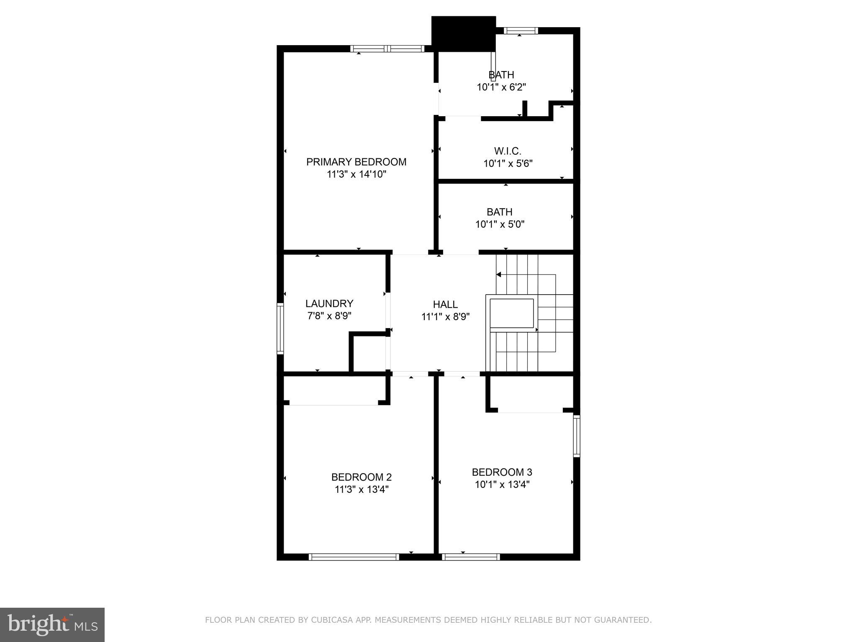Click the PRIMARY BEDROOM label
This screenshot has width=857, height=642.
pos(356,162)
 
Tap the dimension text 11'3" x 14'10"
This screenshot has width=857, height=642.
pos(356,174)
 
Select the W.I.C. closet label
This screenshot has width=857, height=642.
pos(507,151)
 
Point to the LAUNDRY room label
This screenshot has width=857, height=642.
pos(329,303)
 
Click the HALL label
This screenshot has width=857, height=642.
pos(445,304)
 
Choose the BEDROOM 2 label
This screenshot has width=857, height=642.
pos(361,477)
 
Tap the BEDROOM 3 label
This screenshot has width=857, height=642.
pos(502,472)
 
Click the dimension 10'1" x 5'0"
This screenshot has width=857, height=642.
pos(500,224)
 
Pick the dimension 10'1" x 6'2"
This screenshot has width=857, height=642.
pos(501,87)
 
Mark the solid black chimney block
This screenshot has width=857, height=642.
pos(463,34)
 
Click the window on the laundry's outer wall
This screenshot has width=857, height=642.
pos(280,329)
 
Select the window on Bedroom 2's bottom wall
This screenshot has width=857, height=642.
pos(354,557)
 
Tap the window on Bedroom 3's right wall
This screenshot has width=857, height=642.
pos(576,436)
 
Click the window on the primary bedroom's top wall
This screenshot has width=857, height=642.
pos(387,49)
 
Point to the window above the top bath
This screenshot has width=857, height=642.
pos(520,31)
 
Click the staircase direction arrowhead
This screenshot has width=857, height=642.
pos(499,275)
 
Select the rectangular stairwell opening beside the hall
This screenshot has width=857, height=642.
pos(511,313)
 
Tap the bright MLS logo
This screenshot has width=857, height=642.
pos(52,624)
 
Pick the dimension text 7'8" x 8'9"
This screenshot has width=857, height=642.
pos(329,316)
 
